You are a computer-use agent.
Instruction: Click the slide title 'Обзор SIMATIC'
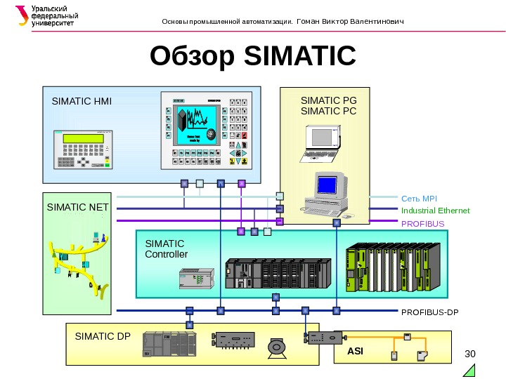pyautogui.click(x=253, y=58)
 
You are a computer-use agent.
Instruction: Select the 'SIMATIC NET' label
pyautogui.click(x=78, y=207)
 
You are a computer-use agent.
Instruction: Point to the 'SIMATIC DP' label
pyautogui.click(x=103, y=335)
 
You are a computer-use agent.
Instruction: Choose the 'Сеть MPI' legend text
pyautogui.click(x=419, y=199)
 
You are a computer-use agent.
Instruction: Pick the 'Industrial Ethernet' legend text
pyautogui.click(x=435, y=211)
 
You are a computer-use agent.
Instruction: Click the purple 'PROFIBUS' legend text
pyautogui.click(x=422, y=224)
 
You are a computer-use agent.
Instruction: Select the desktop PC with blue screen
pyautogui.click(x=327, y=192)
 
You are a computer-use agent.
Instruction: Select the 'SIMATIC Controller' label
pyautogui.click(x=166, y=248)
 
